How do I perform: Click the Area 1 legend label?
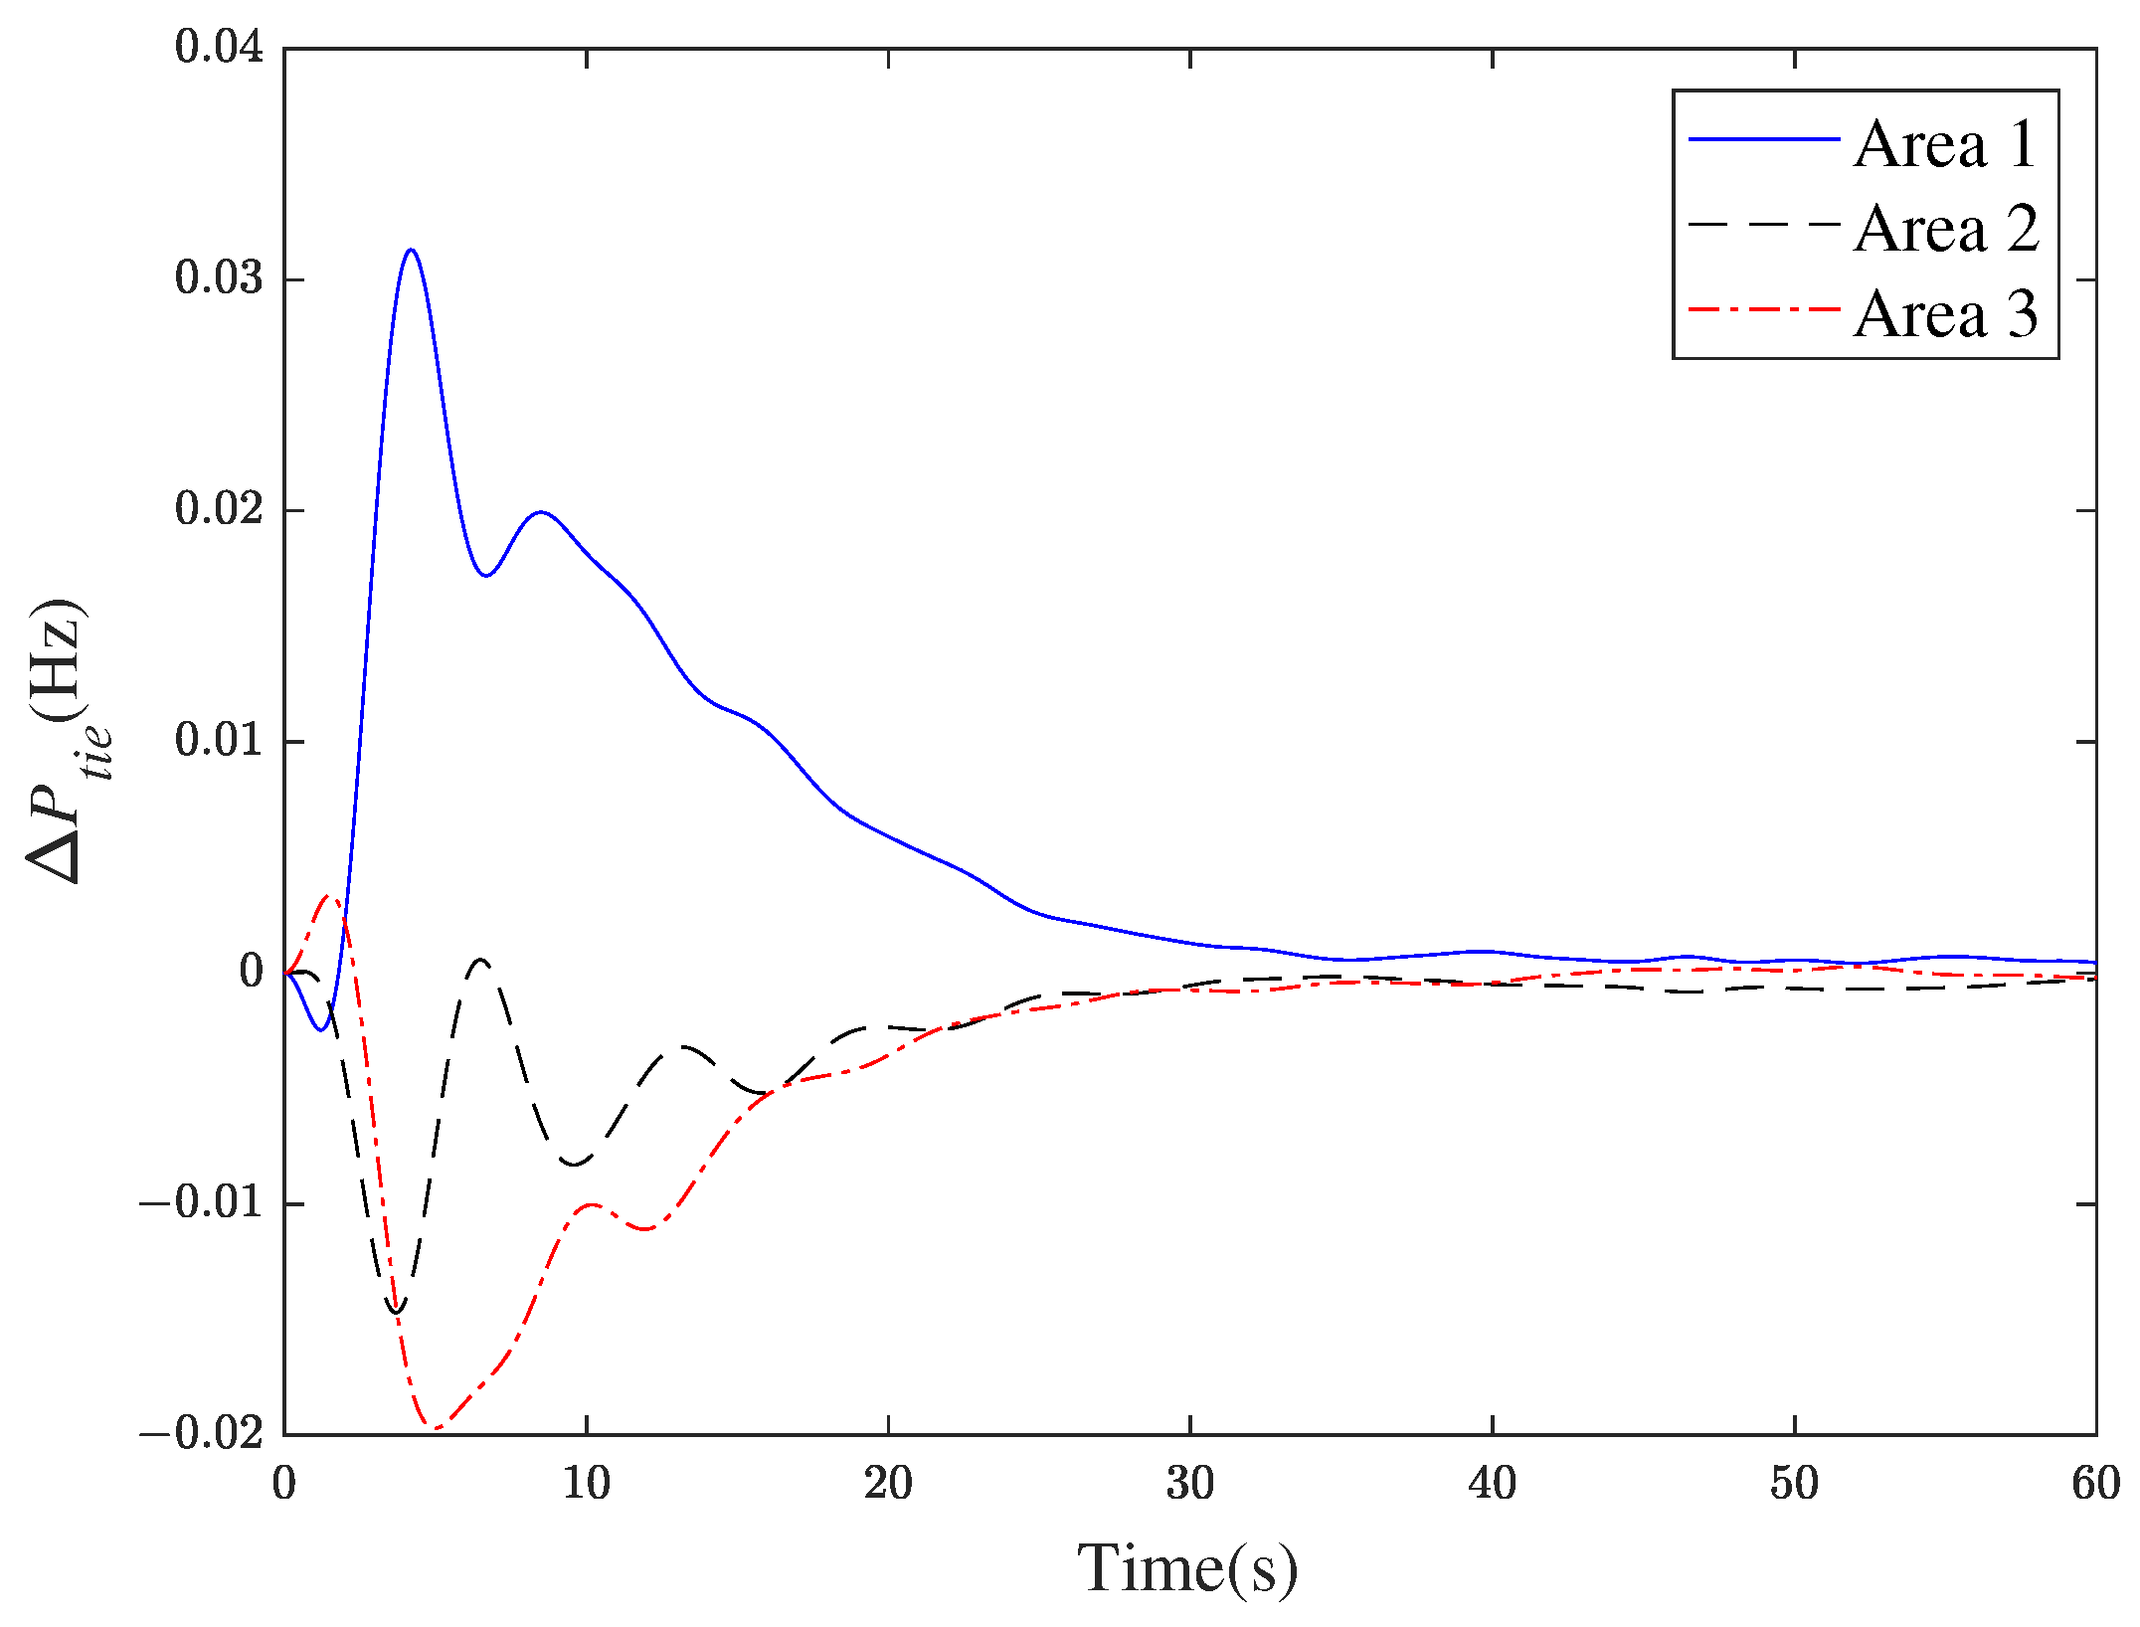pos(1945,144)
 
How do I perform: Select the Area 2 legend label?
pos(1945,229)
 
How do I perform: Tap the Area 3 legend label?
pos(1945,314)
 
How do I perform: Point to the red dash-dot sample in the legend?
pos(1764,310)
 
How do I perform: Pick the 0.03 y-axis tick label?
pos(219,277)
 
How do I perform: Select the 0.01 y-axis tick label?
pos(219,740)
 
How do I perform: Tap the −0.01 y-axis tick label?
pos(201,1202)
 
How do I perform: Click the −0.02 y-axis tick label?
pos(201,1433)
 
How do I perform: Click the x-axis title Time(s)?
pos(1187,1568)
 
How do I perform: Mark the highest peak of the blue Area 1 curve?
pos(411,250)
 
